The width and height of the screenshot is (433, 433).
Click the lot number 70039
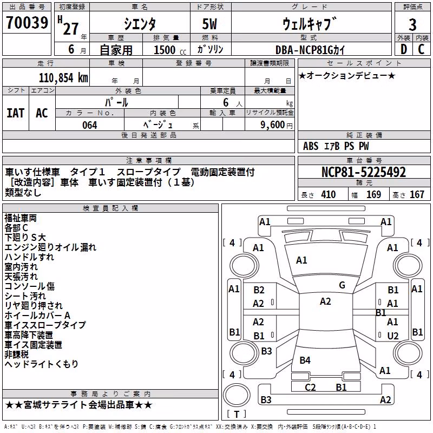27,22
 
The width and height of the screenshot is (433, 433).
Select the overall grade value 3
412,25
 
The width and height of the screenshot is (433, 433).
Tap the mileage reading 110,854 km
63,78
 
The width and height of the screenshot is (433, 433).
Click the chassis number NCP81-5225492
364,172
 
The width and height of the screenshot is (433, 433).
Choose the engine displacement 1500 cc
170,50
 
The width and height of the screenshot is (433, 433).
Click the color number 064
90,125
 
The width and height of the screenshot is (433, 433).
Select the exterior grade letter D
404,49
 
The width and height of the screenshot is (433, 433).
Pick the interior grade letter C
421,49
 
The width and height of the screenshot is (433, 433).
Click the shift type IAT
16,113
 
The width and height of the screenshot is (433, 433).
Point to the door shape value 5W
209,24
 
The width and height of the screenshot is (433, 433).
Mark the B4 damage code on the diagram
305,360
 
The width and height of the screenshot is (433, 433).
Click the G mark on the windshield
342,285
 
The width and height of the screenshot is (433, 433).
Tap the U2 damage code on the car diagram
393,336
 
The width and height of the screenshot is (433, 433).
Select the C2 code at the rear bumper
310,387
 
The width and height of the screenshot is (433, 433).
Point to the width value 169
373,195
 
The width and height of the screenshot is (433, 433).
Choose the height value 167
417,195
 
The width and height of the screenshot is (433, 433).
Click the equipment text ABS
311,146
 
